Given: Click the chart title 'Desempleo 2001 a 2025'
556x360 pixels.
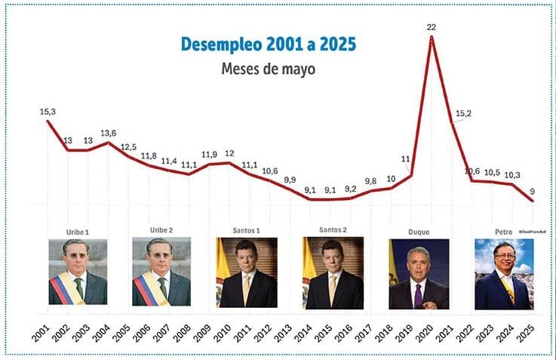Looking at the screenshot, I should pos(268,44).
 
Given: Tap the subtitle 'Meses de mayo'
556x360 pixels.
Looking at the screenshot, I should pos(268,69).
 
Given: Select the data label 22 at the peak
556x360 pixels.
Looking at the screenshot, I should pos(431,26).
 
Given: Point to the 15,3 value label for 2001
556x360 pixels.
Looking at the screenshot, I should pos(48,112).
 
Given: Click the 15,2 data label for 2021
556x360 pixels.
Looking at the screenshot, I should pos(464,115).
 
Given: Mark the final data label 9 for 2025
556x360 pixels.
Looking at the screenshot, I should pos(533,191).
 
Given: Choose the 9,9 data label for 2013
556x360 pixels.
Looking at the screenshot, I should pos(290,180).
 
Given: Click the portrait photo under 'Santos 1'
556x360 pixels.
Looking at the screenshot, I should pos(247,272).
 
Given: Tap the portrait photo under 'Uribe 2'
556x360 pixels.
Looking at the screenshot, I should pos(161,272).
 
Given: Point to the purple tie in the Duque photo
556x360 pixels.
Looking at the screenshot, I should pos(418,295).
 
